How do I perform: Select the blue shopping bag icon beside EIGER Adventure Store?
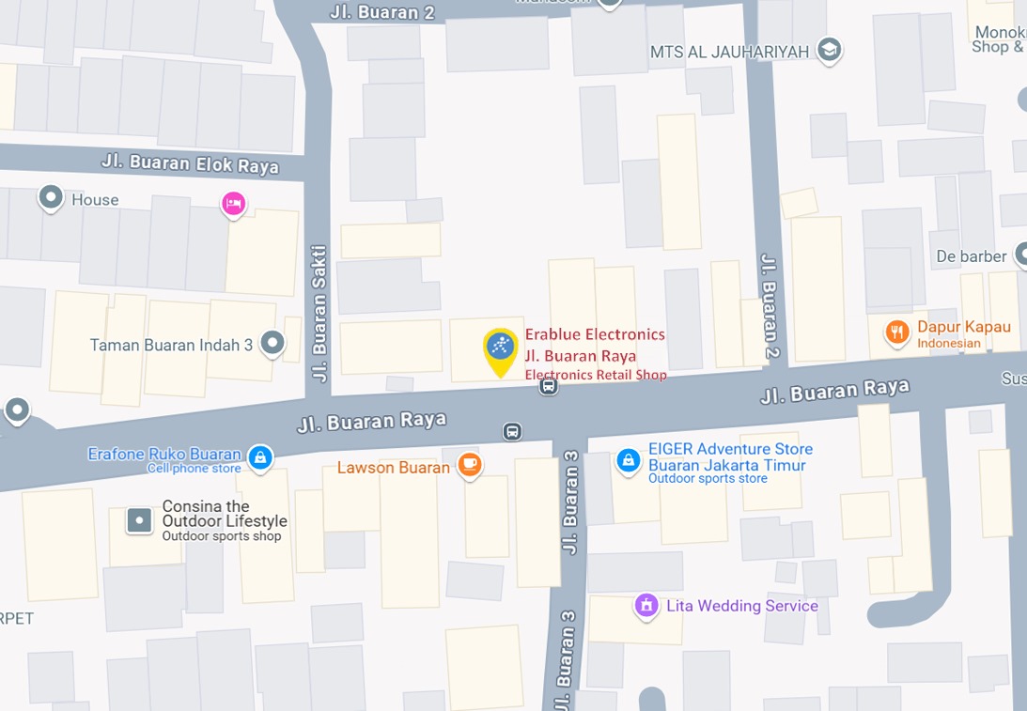629,460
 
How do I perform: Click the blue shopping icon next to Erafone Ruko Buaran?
260,457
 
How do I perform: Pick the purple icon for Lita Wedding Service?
646,606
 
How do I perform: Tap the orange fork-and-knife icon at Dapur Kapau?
897,332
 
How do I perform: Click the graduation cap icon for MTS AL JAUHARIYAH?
829,50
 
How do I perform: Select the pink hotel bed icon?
233,202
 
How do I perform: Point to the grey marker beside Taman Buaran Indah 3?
272,344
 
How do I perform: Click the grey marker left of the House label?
50,198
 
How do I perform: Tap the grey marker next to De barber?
1022,255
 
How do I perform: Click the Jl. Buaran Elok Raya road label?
190,164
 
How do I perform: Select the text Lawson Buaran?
394,468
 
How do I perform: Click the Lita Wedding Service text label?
741,606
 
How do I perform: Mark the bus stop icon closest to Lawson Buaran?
512,431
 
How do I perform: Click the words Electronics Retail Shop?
596,375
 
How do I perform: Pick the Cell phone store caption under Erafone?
195,469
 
